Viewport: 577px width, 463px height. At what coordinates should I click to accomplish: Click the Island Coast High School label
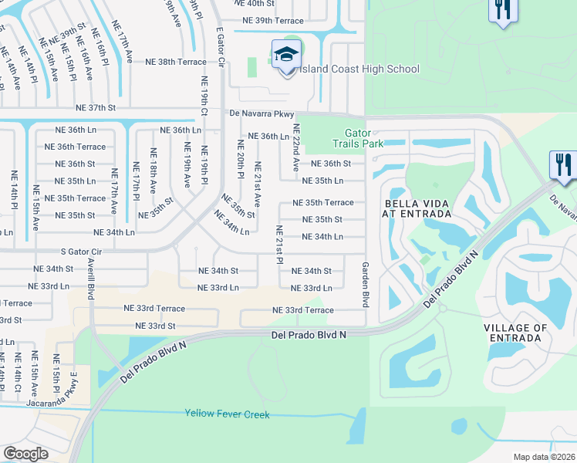pos(359,69)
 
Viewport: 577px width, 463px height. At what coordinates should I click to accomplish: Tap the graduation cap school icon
pos(285,55)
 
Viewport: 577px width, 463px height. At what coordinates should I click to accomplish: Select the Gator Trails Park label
pos(358,138)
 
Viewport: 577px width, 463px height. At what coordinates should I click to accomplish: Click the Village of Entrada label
pos(516,333)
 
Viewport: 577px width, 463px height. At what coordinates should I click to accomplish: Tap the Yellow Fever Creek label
pos(227,414)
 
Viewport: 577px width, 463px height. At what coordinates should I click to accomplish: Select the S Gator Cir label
pos(81,251)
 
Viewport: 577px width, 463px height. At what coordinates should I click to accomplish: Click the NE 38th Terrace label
pos(175,62)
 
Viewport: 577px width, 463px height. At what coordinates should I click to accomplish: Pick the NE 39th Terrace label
pos(272,20)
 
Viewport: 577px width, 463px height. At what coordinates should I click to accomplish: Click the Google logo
pos(26,453)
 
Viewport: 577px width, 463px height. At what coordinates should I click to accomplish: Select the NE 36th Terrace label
pos(75,147)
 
